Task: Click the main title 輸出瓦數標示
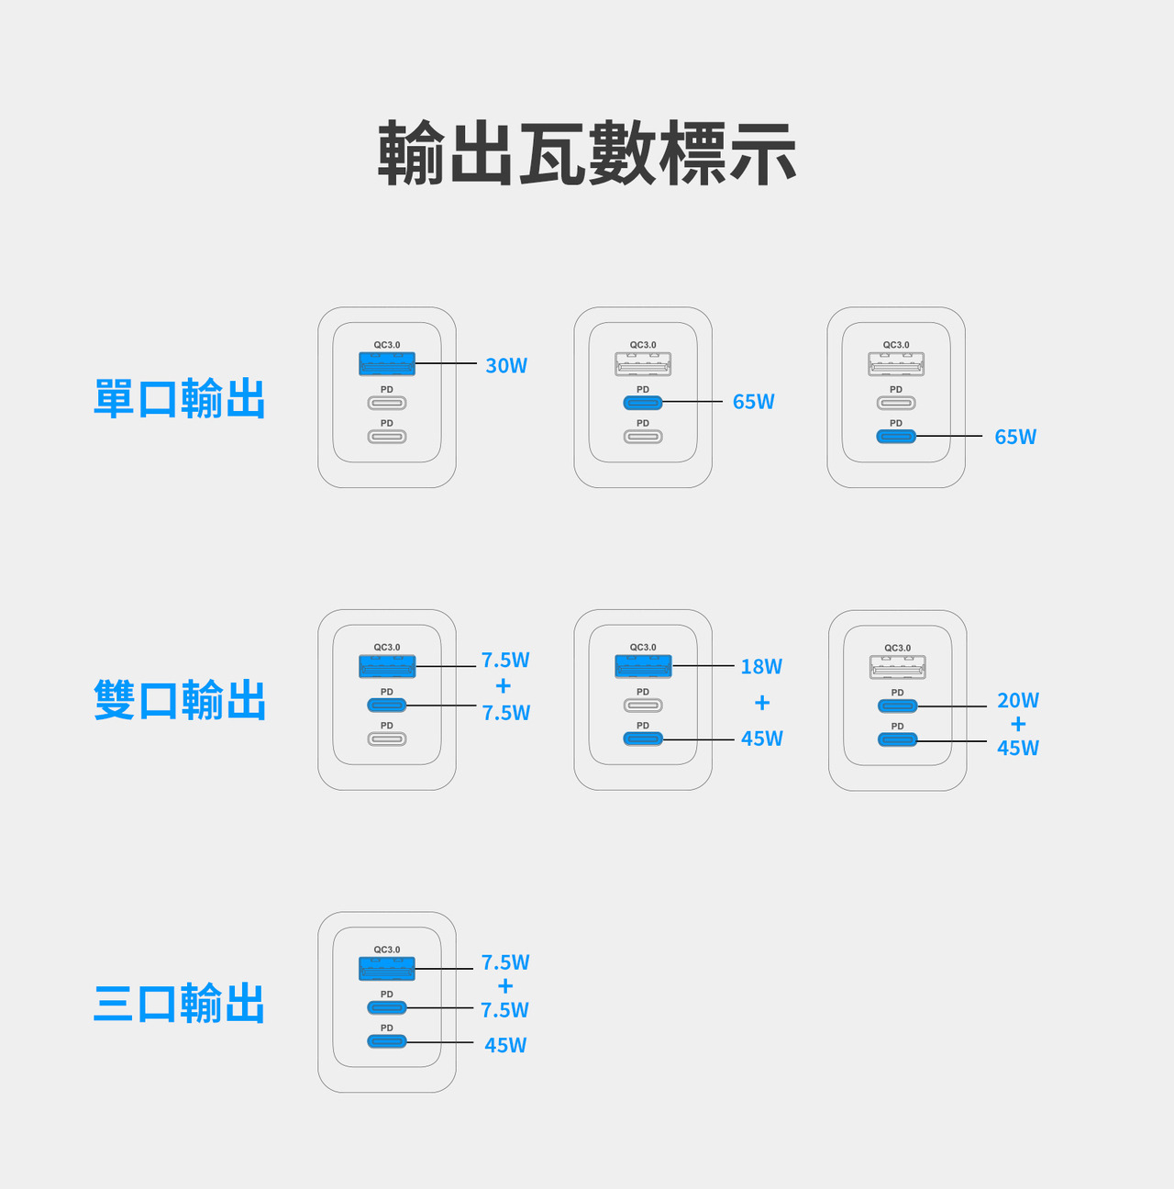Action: pyautogui.click(x=587, y=152)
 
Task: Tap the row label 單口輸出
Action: pyautogui.click(x=180, y=398)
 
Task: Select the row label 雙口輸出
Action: pyautogui.click(x=180, y=700)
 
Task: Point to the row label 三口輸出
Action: pyautogui.click(x=180, y=1003)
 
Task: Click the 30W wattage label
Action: pyautogui.click(x=506, y=365)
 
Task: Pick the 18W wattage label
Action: pyautogui.click(x=761, y=666)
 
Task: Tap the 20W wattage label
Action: pyautogui.click(x=1018, y=700)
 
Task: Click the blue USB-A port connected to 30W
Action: pyautogui.click(x=387, y=363)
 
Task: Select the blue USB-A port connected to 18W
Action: pyautogui.click(x=643, y=666)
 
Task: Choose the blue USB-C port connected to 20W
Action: pyautogui.click(x=898, y=706)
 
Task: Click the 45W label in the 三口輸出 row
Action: pyautogui.click(x=505, y=1045)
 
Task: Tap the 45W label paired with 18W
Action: pyautogui.click(x=762, y=738)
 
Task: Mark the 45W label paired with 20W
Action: pyautogui.click(x=1018, y=748)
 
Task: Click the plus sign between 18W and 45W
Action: pyautogui.click(x=762, y=702)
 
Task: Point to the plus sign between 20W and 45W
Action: pyautogui.click(x=1018, y=724)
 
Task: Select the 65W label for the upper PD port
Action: pyautogui.click(x=753, y=402)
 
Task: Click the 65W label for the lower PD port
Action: pyautogui.click(x=1015, y=437)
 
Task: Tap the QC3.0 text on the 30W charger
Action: pyautogui.click(x=387, y=345)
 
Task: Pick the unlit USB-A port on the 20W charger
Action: pyautogui.click(x=898, y=667)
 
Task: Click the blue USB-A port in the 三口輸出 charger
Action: pyautogui.click(x=387, y=968)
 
